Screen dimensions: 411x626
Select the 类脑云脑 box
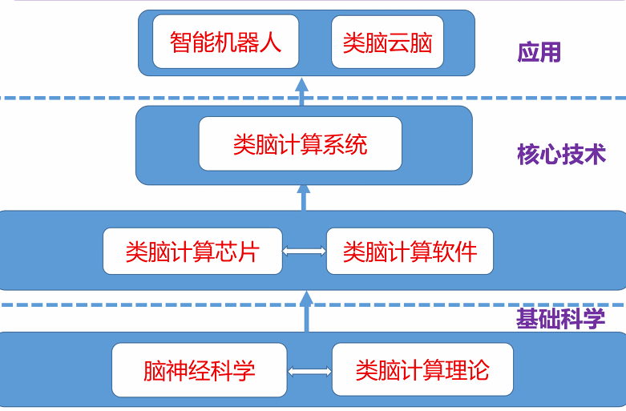click(387, 42)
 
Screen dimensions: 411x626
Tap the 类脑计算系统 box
click(300, 143)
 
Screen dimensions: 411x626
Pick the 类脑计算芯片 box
click(192, 251)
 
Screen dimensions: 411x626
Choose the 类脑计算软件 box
click(409, 251)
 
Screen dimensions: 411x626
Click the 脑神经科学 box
click(199, 370)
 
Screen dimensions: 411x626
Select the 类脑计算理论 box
click(422, 370)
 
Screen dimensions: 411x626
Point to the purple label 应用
click(539, 53)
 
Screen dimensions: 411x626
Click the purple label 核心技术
click(561, 154)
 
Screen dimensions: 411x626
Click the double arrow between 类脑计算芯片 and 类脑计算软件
click(305, 252)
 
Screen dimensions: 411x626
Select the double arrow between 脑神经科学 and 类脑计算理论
click(309, 371)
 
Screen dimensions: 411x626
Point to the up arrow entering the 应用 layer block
click(302, 91)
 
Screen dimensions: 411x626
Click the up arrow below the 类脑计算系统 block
click(303, 197)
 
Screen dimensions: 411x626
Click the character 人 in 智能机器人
click(270, 42)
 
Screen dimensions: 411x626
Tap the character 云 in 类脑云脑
click(398, 42)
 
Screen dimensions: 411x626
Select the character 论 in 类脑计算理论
click(478, 370)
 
